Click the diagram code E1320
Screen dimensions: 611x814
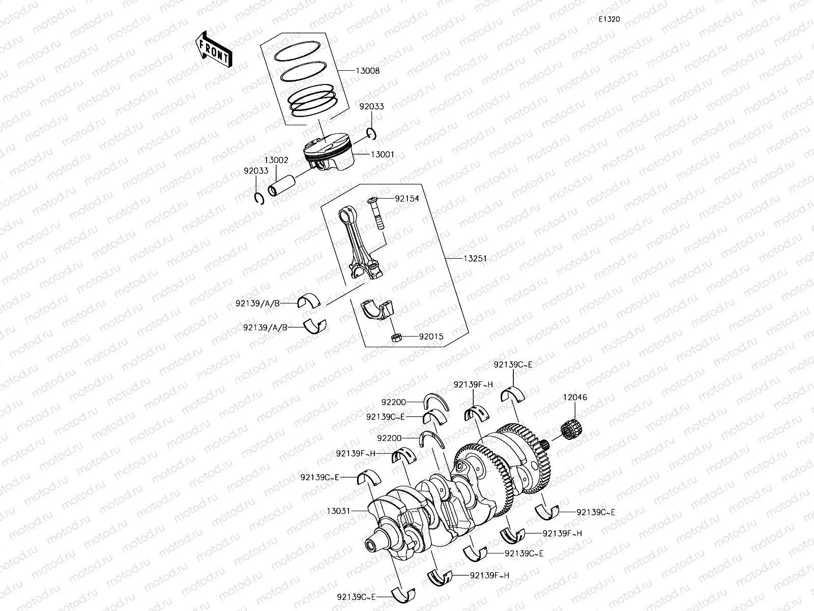tap(609, 19)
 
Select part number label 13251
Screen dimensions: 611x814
tap(474, 259)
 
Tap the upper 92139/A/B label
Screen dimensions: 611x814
tap(265, 303)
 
